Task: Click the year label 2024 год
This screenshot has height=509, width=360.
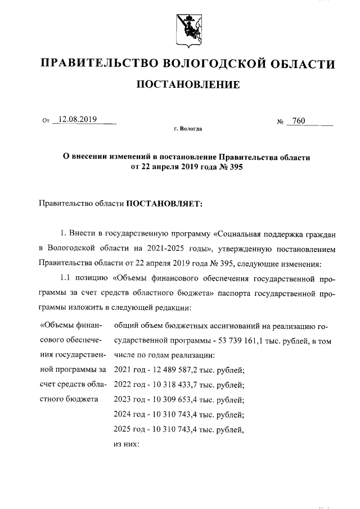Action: (129, 416)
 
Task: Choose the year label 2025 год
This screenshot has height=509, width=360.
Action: (129, 431)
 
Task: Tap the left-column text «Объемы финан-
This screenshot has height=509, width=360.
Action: (70, 325)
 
